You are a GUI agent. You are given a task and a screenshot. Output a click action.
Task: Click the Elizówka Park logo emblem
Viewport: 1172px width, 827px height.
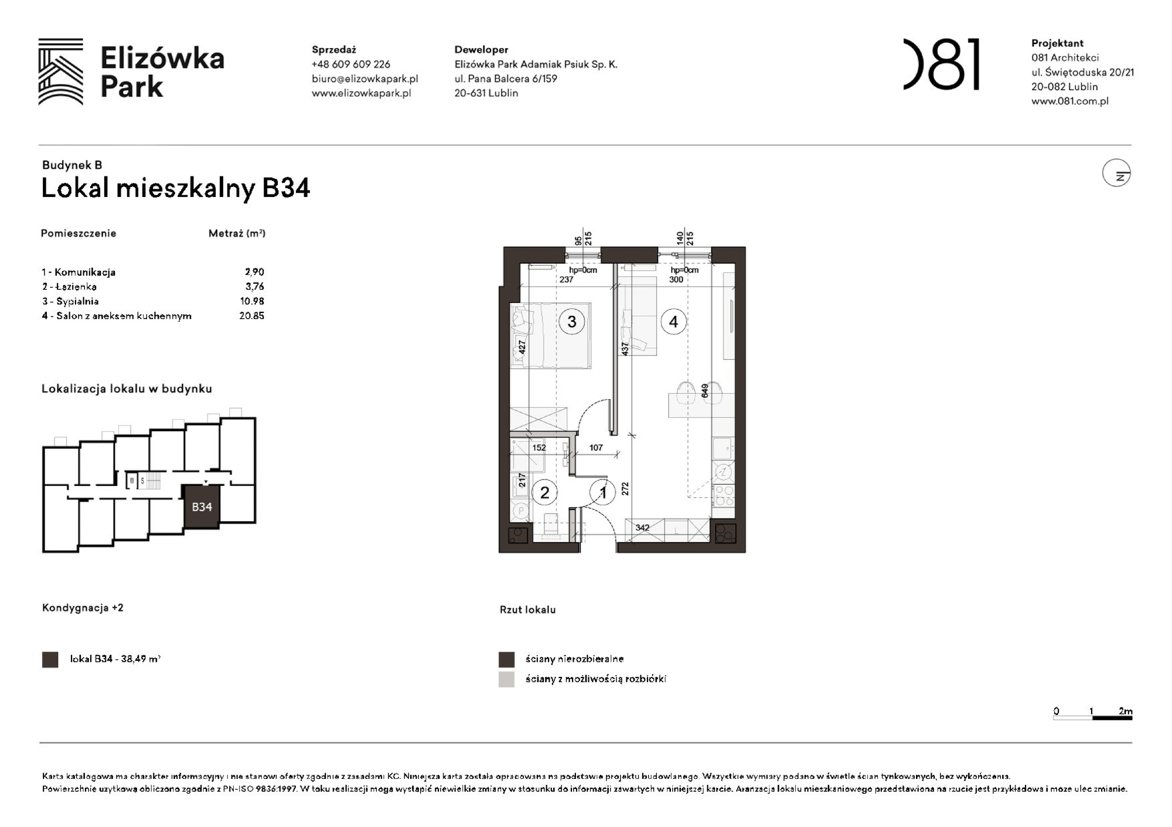[x=60, y=72]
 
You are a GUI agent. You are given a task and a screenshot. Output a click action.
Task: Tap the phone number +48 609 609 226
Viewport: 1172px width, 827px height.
[x=350, y=64]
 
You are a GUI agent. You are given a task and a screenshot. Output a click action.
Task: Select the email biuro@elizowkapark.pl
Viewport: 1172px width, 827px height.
[x=364, y=79]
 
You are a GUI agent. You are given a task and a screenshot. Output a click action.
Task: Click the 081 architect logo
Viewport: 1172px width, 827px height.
[x=942, y=64]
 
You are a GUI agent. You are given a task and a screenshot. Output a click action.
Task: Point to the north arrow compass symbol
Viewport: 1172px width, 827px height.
[x=1116, y=173]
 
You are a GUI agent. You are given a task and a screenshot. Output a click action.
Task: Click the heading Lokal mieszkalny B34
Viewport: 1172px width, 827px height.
[x=175, y=188]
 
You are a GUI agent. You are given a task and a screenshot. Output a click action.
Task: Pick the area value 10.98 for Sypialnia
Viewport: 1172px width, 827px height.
[x=252, y=301]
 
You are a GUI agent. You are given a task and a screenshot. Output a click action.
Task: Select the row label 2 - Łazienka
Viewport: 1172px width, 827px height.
[x=69, y=287]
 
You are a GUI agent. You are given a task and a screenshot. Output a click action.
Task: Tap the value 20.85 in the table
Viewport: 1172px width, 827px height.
[x=251, y=316]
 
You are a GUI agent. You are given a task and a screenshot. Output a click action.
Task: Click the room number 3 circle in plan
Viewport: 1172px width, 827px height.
[x=571, y=321]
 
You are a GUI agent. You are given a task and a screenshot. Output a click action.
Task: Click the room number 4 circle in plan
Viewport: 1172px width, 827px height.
[x=673, y=322]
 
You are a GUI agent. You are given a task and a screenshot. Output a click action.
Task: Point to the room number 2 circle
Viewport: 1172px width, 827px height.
[x=544, y=493]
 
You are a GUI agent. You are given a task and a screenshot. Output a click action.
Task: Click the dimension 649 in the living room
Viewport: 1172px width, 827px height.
[x=704, y=391]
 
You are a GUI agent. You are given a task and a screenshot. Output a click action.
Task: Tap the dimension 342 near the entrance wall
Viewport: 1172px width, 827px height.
[x=642, y=527]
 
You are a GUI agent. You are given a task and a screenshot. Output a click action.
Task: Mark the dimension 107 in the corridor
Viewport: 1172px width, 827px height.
[x=596, y=448]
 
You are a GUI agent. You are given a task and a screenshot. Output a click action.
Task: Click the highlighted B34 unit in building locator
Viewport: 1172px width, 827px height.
[x=202, y=507]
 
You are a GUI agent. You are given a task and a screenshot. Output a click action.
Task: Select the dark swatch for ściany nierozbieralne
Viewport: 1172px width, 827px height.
[x=506, y=659]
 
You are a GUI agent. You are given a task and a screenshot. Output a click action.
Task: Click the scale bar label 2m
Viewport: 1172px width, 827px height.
[x=1125, y=711]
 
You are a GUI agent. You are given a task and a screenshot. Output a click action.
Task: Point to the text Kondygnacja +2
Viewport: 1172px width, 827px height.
[x=83, y=608]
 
